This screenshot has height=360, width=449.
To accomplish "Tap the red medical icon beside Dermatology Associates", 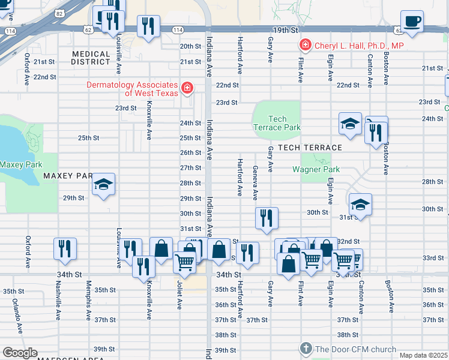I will point(187,89).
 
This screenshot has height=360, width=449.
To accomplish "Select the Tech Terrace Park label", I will point(277,123).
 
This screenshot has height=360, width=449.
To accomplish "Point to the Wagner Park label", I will point(316,169).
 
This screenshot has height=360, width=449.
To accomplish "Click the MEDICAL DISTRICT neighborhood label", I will point(91,58).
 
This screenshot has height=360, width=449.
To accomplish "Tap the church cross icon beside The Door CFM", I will point(306,349).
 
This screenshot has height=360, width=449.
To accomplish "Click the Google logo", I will point(19,353).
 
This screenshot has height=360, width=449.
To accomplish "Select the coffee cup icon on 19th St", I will point(412,21).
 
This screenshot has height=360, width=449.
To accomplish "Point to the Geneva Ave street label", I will point(255,183).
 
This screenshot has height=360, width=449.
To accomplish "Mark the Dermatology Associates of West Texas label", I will point(132,89).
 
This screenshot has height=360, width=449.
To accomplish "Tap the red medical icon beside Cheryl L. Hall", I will point(306,45).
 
